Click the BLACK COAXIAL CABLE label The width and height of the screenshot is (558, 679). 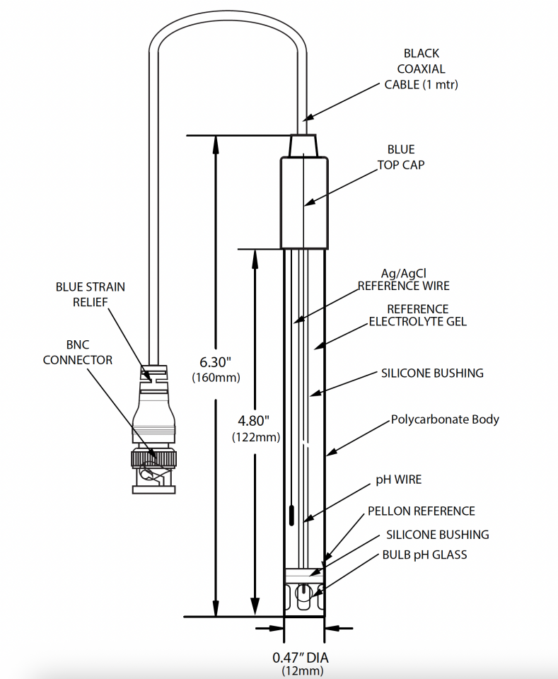coord(421,69)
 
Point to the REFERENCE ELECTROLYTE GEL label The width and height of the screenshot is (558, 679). coord(417,315)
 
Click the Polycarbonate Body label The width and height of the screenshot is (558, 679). coord(445,419)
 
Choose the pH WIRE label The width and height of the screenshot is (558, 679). coord(398,480)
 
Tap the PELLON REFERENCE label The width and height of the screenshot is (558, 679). coord(421,511)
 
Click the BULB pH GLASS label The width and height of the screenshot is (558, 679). coord(424,555)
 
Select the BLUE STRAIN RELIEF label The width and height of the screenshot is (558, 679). coord(91,294)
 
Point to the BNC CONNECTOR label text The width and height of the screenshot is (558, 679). coord(78,352)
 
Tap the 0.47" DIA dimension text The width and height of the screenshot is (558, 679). coord(301,657)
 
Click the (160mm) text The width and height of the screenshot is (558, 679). coord(216,378)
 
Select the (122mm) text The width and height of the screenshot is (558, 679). coord(255,437)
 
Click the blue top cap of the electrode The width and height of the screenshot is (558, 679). coord(304,202)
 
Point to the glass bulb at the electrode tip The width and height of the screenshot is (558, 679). coord(303,596)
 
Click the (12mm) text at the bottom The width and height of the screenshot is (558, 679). coord(301,671)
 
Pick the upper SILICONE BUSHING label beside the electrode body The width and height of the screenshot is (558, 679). coord(432,373)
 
